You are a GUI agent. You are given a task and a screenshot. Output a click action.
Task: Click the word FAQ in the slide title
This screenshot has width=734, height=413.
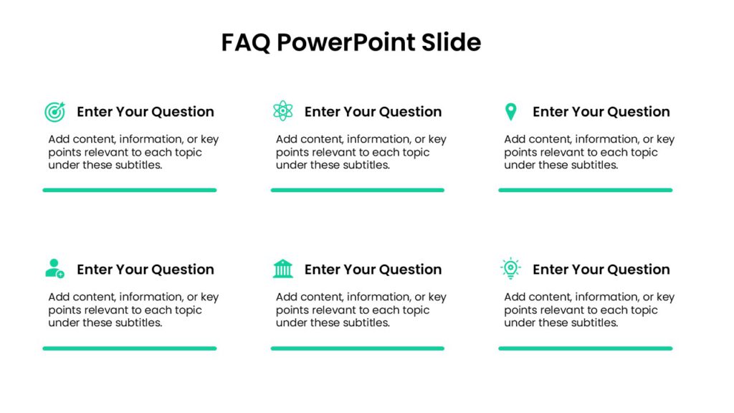tap(245, 43)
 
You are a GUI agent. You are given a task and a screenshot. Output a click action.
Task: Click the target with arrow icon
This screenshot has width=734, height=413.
tap(54, 111)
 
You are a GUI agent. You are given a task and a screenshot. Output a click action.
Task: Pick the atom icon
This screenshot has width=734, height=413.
tap(283, 111)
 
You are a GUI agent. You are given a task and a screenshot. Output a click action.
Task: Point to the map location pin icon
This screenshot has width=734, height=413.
tap(510, 111)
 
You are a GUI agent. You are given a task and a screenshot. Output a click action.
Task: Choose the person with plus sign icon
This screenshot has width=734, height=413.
tap(54, 269)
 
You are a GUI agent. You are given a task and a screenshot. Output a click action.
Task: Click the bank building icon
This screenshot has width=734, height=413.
tap(283, 269)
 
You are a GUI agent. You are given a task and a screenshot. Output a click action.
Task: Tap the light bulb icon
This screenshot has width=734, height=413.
tap(510, 268)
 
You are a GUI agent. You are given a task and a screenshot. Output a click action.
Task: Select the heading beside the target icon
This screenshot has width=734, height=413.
tap(146, 112)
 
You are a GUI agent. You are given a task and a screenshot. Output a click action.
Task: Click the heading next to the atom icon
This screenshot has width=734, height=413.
tap(373, 112)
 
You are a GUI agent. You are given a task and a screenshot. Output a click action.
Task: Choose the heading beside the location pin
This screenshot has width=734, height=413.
tap(601, 112)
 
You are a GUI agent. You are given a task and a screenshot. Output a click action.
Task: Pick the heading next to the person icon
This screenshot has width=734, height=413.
tap(146, 270)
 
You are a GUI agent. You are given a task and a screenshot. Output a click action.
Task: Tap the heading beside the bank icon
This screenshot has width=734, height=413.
tap(373, 270)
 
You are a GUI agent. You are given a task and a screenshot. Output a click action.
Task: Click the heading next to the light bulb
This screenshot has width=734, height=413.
tap(601, 270)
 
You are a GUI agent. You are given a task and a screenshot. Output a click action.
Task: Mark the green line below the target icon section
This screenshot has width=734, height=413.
tap(130, 190)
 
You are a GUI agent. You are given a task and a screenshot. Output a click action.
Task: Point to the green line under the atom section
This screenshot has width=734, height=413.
tap(357, 190)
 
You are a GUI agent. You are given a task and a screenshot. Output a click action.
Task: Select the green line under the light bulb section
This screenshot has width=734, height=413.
tap(585, 348)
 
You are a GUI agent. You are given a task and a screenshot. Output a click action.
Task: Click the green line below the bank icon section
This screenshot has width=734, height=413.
tap(357, 348)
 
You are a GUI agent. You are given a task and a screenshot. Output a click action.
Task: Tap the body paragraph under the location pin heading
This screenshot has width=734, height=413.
tap(589, 152)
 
